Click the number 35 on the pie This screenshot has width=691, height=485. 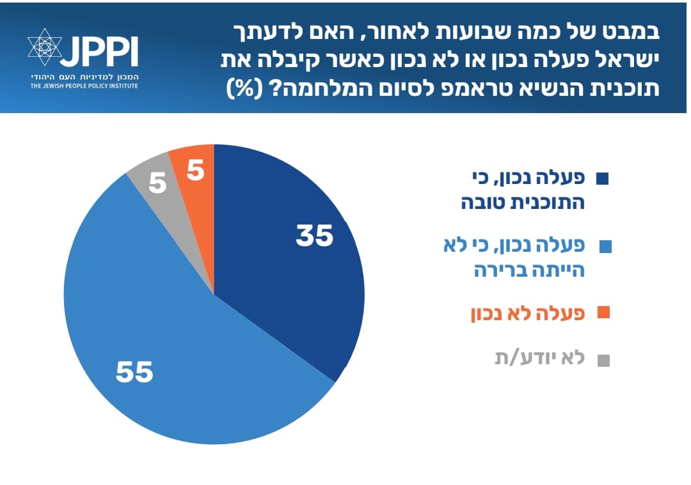(315, 236)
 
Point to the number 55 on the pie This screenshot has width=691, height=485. (134, 371)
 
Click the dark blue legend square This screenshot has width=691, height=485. (601, 179)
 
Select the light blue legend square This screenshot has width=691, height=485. (605, 247)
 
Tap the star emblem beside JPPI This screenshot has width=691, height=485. (45, 49)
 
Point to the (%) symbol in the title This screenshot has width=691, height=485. (246, 89)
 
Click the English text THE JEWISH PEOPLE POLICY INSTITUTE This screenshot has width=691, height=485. (83, 85)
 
